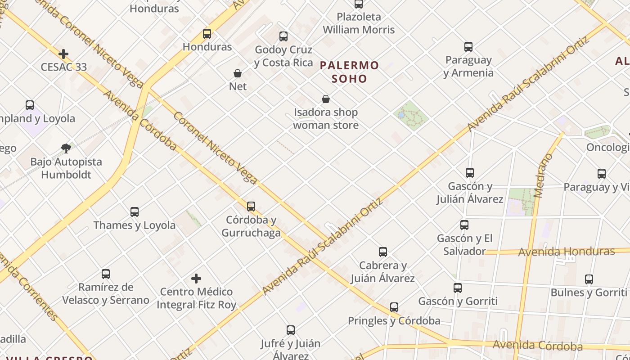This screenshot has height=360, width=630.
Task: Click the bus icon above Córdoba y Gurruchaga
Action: point(251,207)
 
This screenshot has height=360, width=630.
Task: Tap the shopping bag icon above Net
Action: point(238,73)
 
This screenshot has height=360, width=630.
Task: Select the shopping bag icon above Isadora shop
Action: point(326,99)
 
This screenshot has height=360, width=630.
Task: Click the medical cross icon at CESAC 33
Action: point(63,54)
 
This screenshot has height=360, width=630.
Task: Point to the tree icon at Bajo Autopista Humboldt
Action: point(66,148)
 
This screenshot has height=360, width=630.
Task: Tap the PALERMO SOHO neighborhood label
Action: point(350,72)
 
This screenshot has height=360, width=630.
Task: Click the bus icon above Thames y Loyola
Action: point(134,212)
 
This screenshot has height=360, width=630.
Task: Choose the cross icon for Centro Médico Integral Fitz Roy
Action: point(196,279)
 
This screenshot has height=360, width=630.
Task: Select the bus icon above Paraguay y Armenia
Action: point(468,47)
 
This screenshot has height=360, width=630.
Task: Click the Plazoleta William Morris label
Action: point(359,23)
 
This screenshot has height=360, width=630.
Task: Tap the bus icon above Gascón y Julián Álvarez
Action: point(470,173)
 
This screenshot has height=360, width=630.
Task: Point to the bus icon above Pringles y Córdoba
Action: point(394,307)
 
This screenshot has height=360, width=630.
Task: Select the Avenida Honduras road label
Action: point(566,252)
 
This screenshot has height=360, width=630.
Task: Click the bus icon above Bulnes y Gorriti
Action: point(589,279)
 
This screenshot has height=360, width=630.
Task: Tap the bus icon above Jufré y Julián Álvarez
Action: point(291,330)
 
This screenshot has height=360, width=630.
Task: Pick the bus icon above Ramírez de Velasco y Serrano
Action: point(106,274)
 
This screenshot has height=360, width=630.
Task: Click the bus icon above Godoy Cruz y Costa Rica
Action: point(283,36)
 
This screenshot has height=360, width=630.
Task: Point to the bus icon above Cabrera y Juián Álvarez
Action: point(383,252)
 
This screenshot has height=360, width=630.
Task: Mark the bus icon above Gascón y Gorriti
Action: point(458,288)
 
